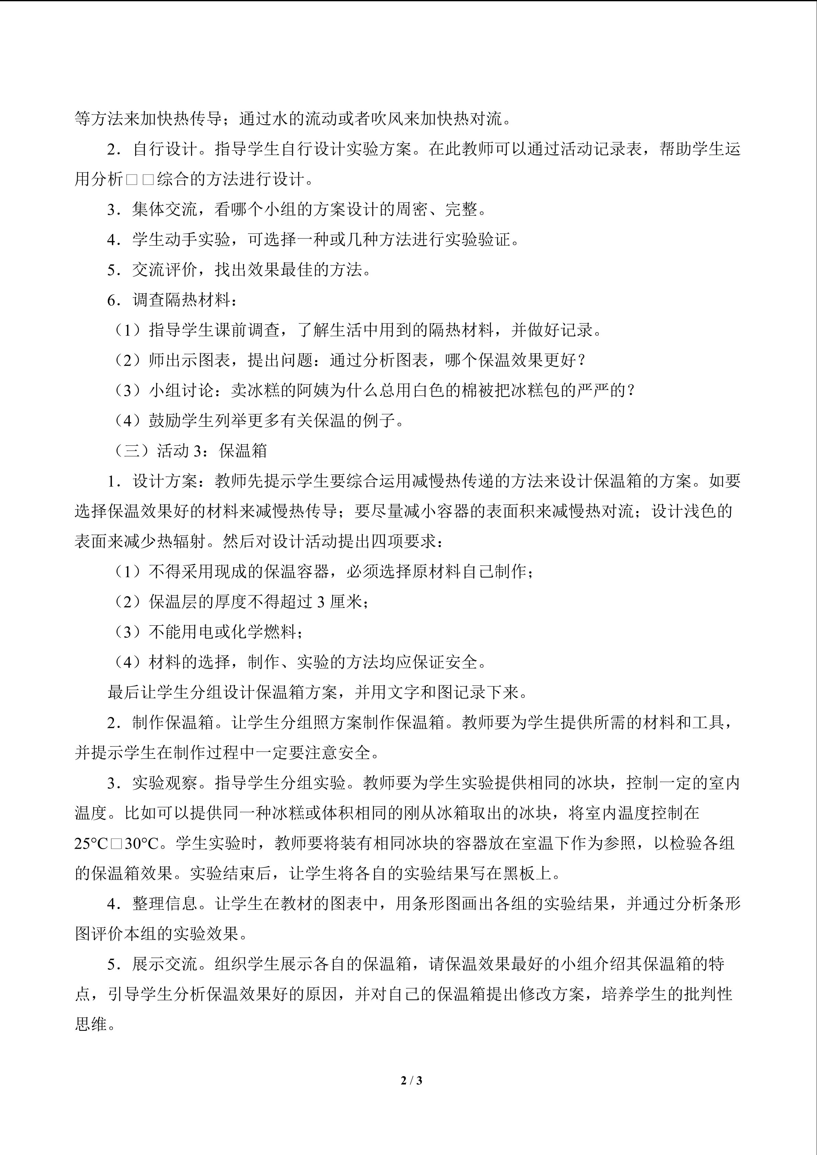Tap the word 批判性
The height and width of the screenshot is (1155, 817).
707,994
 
